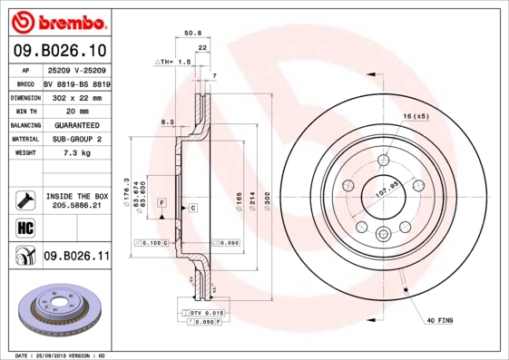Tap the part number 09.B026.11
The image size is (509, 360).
[x=76, y=258]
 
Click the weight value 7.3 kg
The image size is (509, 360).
[x=76, y=153]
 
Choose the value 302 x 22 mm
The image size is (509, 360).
[x=76, y=97]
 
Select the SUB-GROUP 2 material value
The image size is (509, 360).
[x=76, y=139]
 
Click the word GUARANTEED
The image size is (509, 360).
[x=76, y=125]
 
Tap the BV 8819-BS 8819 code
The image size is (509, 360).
[x=76, y=83]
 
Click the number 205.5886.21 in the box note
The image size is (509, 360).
[x=76, y=206]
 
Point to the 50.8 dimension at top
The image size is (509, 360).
[x=192, y=33]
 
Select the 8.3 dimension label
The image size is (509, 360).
[x=166, y=121]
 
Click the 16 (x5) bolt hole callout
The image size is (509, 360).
[x=415, y=117]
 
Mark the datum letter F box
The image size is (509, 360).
[x=161, y=201]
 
